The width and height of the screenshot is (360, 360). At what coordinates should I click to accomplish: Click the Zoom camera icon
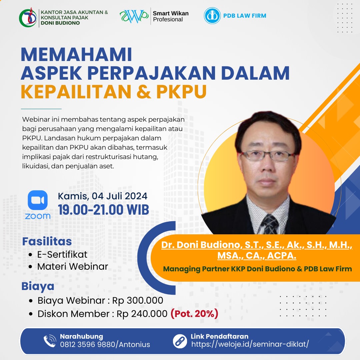pyautogui.click(x=38, y=200)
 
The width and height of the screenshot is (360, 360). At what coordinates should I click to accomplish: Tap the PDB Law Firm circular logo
pyautogui.click(x=212, y=16)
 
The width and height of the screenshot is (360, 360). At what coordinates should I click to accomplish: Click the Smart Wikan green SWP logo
pyautogui.click(x=134, y=16)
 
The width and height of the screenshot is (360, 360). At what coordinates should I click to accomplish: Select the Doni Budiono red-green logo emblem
pyautogui.click(x=28, y=17)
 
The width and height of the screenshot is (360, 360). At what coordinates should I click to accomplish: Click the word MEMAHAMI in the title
pyautogui.click(x=76, y=55)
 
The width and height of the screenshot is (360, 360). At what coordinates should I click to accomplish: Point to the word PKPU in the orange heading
pyautogui.click(x=181, y=92)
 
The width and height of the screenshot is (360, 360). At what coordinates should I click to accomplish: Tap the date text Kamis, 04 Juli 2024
pyautogui.click(x=102, y=196)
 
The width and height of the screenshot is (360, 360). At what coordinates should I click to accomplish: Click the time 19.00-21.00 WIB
pyautogui.click(x=103, y=210)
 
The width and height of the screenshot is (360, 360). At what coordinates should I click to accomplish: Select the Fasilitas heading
pyautogui.click(x=47, y=242)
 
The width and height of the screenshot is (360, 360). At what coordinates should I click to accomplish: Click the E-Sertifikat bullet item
pyautogui.click(x=62, y=254)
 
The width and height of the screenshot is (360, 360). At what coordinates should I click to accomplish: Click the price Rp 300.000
pyautogui.click(x=138, y=300)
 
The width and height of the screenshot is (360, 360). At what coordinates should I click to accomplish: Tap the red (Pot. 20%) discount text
pyautogui.click(x=194, y=314)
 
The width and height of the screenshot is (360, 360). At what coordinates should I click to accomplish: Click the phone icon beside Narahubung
pyautogui.click(x=50, y=341)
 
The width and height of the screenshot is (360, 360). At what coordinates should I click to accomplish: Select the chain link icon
pyautogui.click(x=180, y=341)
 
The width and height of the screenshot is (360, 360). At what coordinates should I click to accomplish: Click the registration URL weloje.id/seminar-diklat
pyautogui.click(x=250, y=344)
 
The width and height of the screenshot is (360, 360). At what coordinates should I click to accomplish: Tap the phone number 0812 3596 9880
pyautogui.click(x=87, y=344)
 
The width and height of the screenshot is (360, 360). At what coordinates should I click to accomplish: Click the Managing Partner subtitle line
pyautogui.click(x=257, y=269)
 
